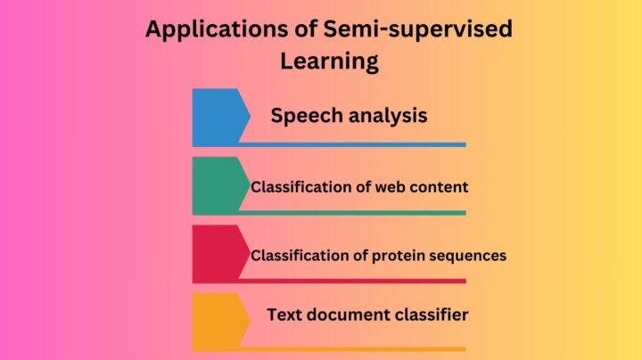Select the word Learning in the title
click(x=329, y=61)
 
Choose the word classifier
click(x=431, y=315)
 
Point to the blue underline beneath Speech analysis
click(x=357, y=144)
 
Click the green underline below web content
click(x=357, y=213)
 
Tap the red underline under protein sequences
click(x=357, y=281)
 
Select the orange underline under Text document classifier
click(x=357, y=348)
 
